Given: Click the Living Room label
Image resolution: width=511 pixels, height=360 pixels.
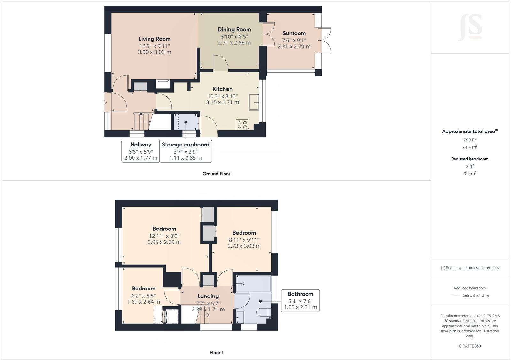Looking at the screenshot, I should pos(154,39).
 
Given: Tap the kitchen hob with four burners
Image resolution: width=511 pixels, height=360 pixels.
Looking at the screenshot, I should pos(242,124).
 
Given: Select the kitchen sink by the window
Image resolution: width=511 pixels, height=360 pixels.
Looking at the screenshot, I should pos(254,102).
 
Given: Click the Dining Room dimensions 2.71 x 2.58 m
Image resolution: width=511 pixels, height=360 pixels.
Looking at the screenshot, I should pos(234,43).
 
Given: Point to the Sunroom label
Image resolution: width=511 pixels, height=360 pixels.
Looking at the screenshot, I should pos(294,33).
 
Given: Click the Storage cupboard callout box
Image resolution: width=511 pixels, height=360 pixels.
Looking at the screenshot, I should pos(186,151).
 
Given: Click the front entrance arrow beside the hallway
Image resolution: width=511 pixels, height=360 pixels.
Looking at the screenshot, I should pos(104,102).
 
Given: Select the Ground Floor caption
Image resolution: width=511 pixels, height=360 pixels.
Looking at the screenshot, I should pos(216,174).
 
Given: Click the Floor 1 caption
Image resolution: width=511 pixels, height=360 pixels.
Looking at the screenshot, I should pos(216,353).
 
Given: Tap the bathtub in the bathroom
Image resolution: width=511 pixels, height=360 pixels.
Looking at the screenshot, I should pos(253,283).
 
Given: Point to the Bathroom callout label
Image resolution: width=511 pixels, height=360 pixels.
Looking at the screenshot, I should pos(300,294).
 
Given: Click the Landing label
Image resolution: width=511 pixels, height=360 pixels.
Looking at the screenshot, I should pos(208,296).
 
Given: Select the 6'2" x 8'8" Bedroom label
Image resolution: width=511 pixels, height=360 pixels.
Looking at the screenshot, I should pos(143,289).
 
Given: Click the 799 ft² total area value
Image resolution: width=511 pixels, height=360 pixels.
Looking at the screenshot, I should pos(469,140).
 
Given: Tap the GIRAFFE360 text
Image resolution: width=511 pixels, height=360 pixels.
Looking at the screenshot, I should pos(469,346).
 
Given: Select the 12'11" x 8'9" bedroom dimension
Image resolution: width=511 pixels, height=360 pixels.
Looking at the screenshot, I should pos(164,236).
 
